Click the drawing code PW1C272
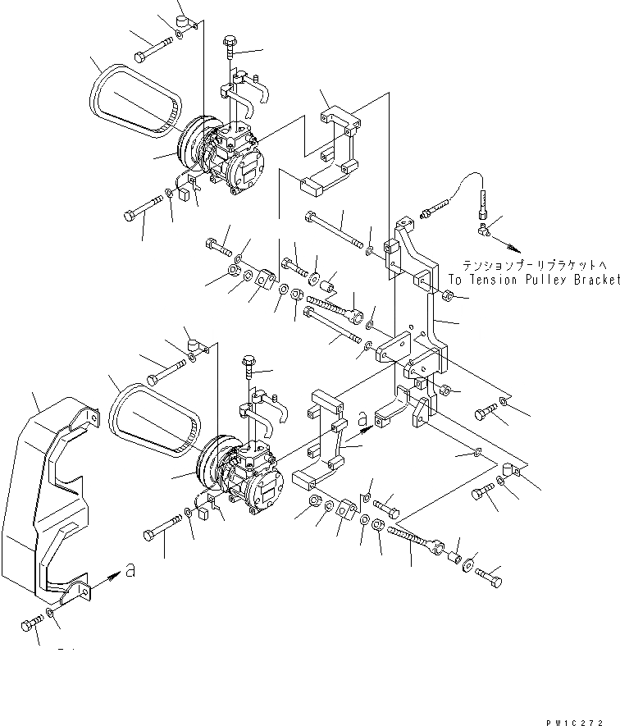[581, 715]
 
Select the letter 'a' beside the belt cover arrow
[130, 570]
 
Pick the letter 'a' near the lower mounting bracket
[362, 419]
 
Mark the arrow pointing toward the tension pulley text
[508, 244]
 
